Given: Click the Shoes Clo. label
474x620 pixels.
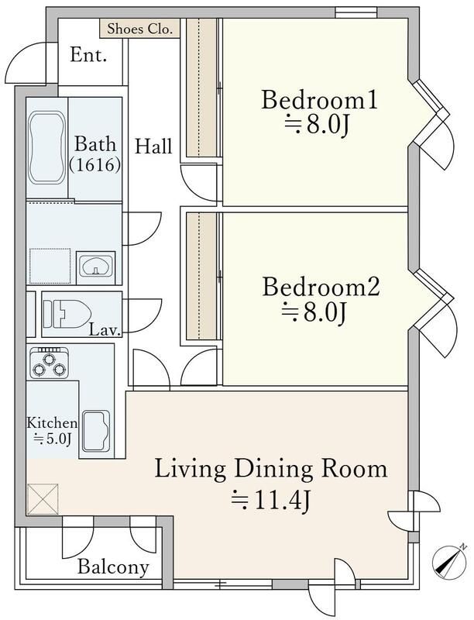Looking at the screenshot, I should pos(140,29).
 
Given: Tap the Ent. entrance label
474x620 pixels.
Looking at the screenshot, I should pos(88,55).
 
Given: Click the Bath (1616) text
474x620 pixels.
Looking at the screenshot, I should pos(95,153).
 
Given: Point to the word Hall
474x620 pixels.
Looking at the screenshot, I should pos(153,146).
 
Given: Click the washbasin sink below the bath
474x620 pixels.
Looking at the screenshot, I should pos(96,267).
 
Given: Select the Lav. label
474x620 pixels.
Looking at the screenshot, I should pos(104,329).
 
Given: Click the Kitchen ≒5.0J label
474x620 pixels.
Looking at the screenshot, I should pos(52,431).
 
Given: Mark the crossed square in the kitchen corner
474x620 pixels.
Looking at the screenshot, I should pos(43,498).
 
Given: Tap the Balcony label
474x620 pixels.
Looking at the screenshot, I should pos(113,567).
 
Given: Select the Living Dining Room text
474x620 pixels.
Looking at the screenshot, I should pos(270,469).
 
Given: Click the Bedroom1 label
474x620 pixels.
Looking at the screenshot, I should pos(318,100).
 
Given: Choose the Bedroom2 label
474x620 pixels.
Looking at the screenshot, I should pos(321,287).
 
